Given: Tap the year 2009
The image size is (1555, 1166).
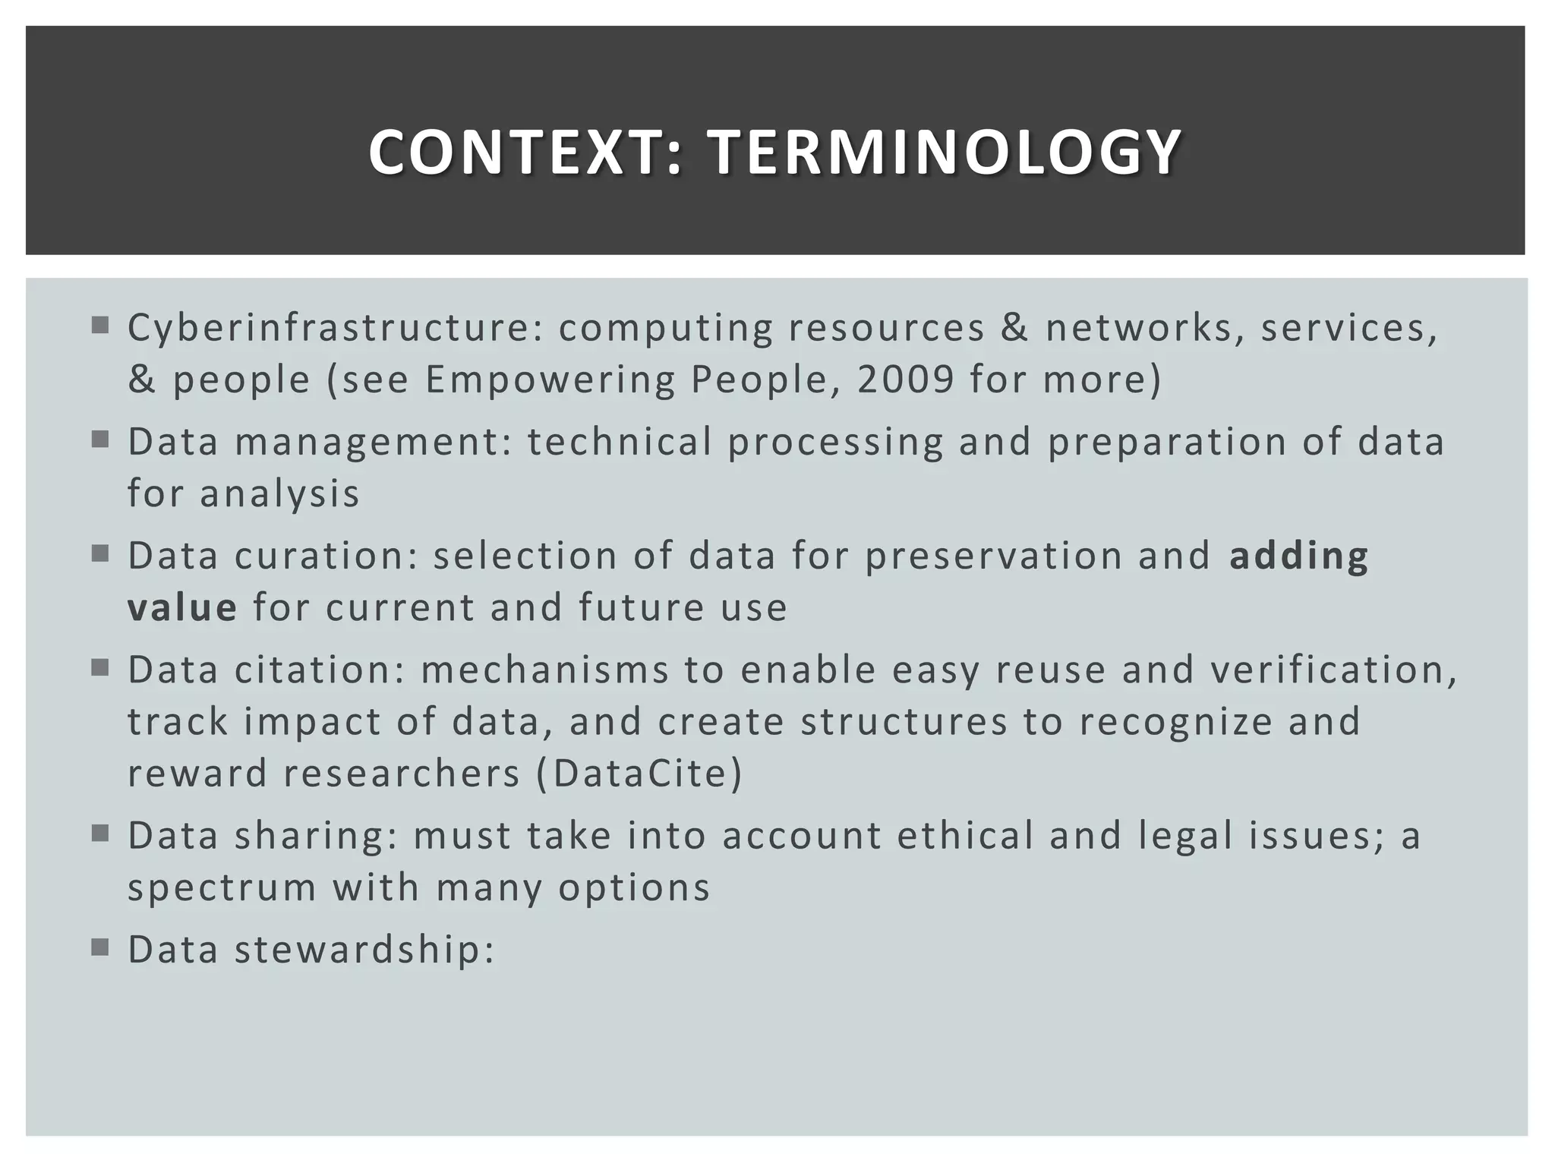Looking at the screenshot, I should click(x=905, y=380).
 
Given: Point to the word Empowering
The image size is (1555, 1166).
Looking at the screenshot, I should click(x=550, y=380).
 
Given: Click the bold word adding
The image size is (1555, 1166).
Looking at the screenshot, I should click(x=1298, y=556).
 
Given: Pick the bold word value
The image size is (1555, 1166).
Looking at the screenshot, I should click(x=182, y=607).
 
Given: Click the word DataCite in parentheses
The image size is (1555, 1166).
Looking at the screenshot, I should click(x=639, y=773).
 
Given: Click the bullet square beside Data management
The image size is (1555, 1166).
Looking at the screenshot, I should click(x=100, y=440).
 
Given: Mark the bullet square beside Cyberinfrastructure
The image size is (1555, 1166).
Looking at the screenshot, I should click(x=100, y=326).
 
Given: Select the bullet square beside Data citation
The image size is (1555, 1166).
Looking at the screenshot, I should click(x=100, y=667).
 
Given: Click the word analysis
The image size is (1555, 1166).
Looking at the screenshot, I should click(x=279, y=493).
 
